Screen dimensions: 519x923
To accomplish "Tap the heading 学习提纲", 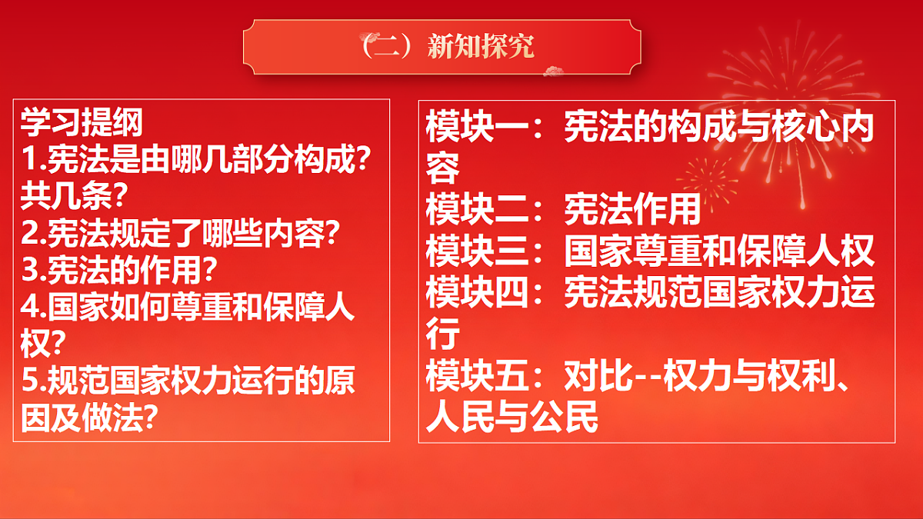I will tap(82, 121).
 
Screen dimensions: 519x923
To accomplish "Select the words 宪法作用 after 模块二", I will tap(633, 208).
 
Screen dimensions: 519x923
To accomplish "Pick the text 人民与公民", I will tap(511, 419).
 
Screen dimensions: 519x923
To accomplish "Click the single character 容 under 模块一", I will tap(443, 167).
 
